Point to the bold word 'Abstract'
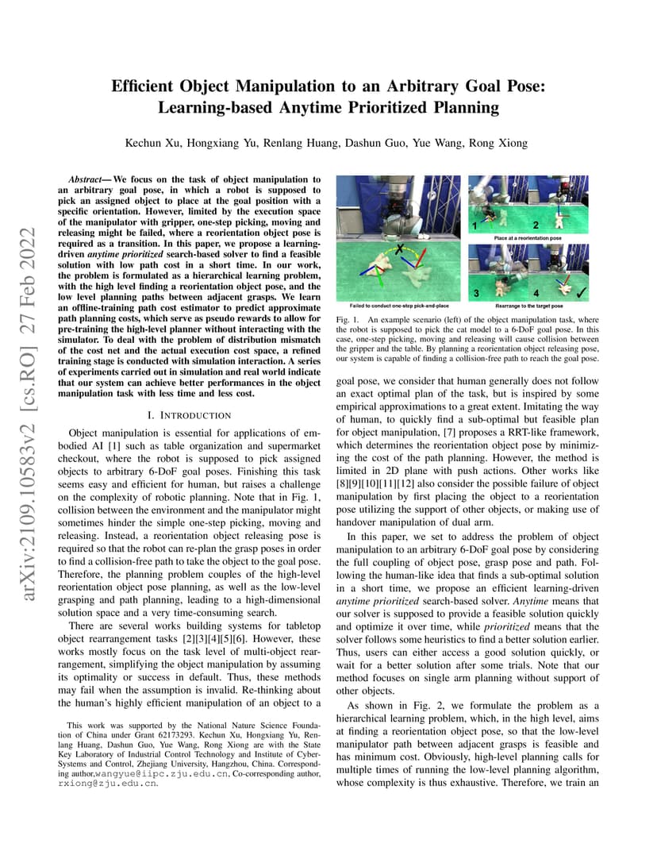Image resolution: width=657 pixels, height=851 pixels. click(90, 179)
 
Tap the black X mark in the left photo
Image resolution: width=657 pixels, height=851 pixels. click(399, 250)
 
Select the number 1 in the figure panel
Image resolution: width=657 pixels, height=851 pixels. click(474, 225)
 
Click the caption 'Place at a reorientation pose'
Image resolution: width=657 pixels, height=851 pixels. click(528, 237)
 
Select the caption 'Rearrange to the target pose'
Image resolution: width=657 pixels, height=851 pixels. click(528, 306)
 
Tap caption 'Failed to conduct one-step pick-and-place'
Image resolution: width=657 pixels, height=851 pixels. click(399, 306)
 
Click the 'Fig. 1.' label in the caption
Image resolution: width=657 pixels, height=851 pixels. click(348, 318)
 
